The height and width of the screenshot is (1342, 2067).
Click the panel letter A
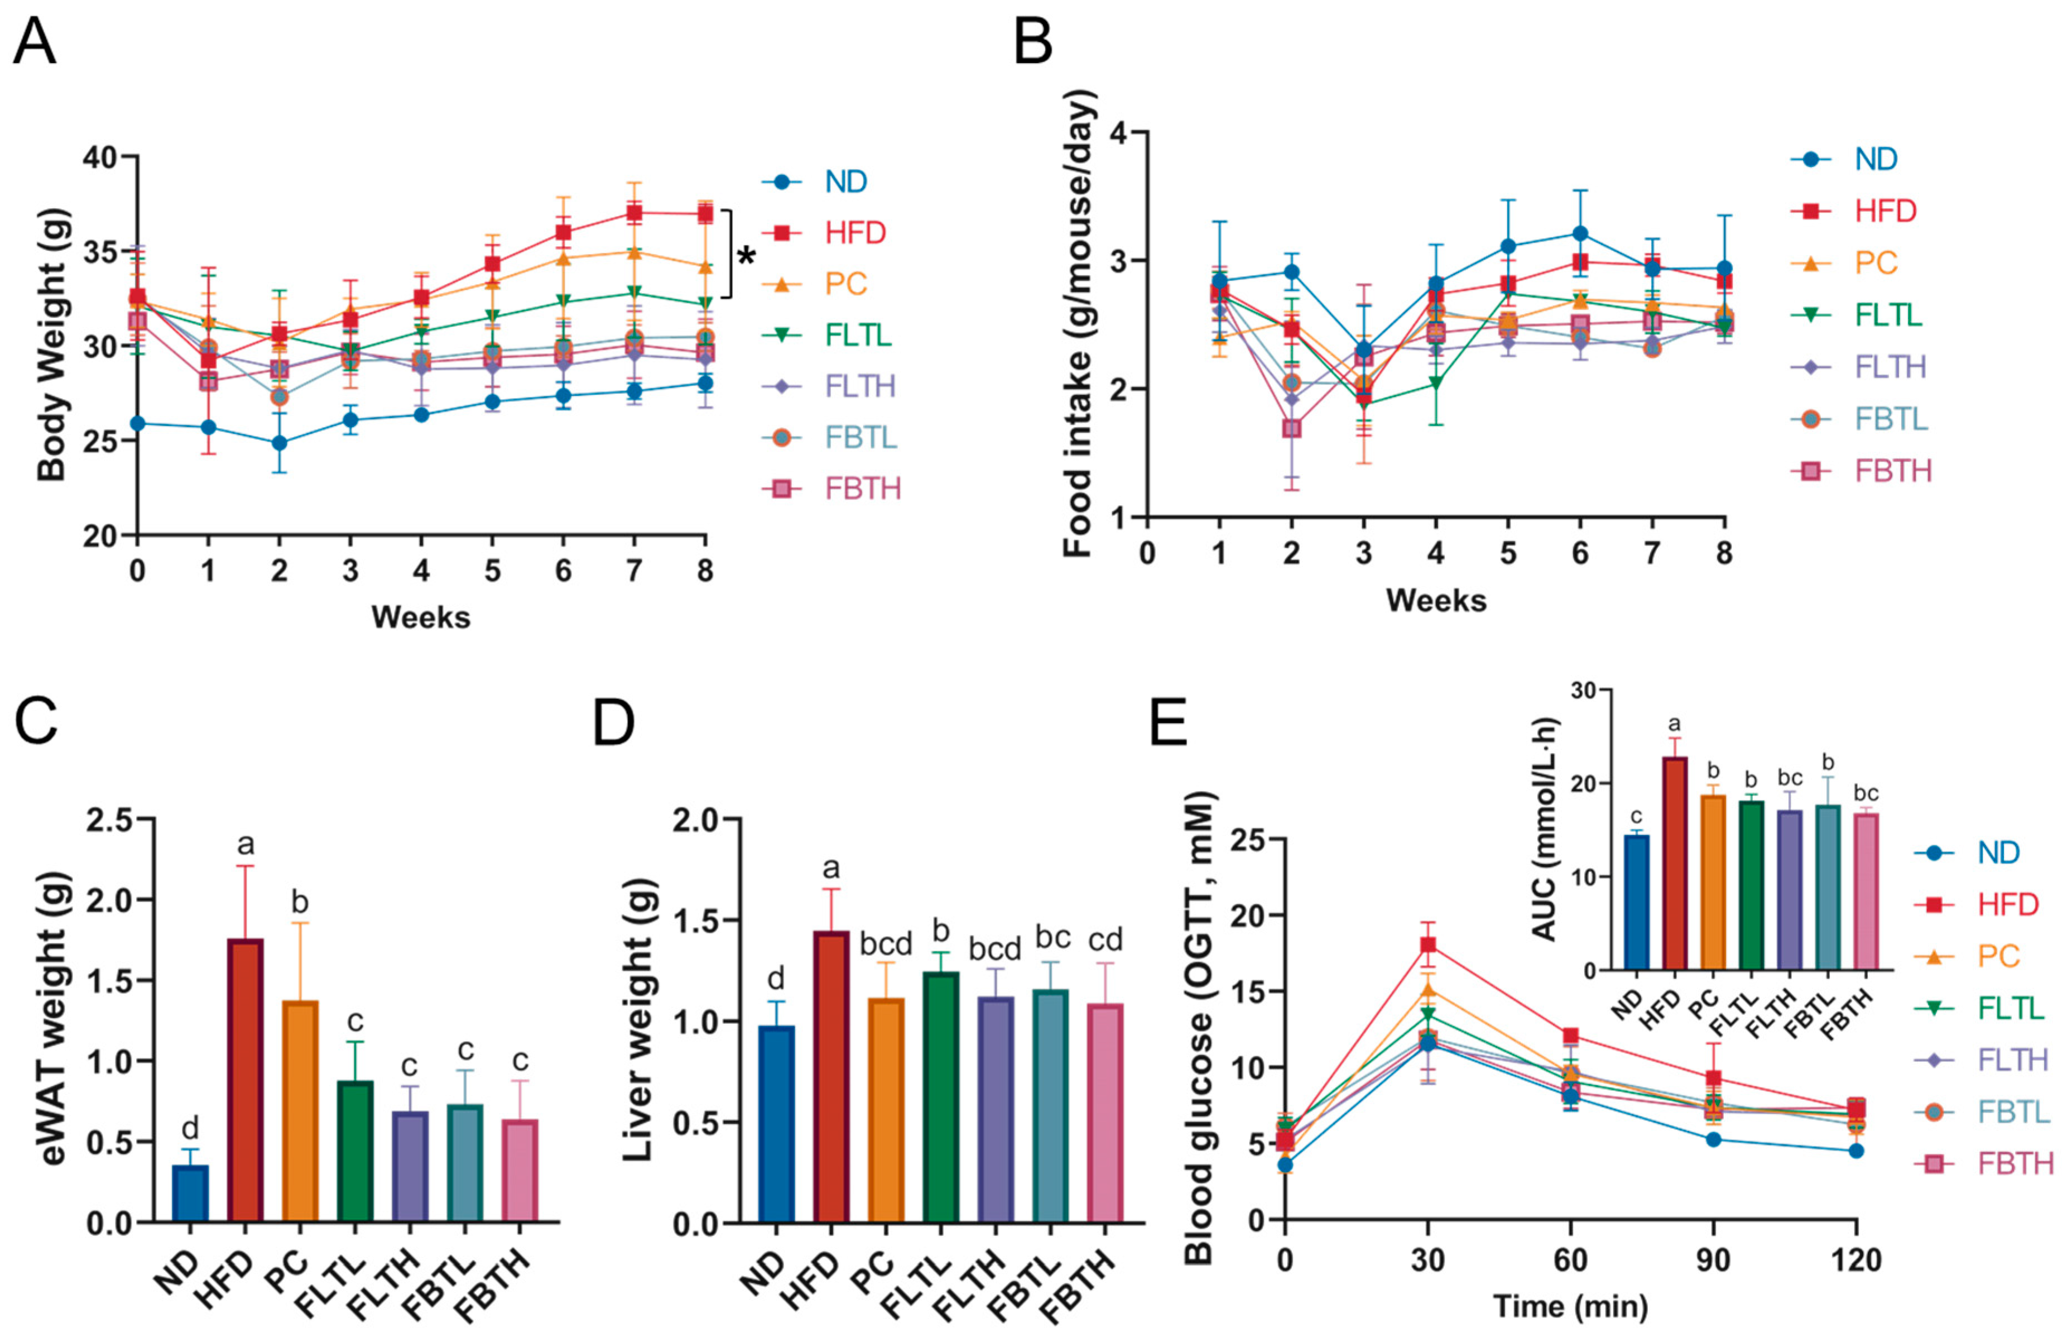(34, 42)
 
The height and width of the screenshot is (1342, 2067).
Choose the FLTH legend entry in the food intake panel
(1890, 367)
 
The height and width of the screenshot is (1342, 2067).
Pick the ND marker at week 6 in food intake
(1580, 234)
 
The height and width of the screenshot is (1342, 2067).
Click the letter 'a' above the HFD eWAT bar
(245, 844)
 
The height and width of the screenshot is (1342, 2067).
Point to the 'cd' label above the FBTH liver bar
(1105, 939)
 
